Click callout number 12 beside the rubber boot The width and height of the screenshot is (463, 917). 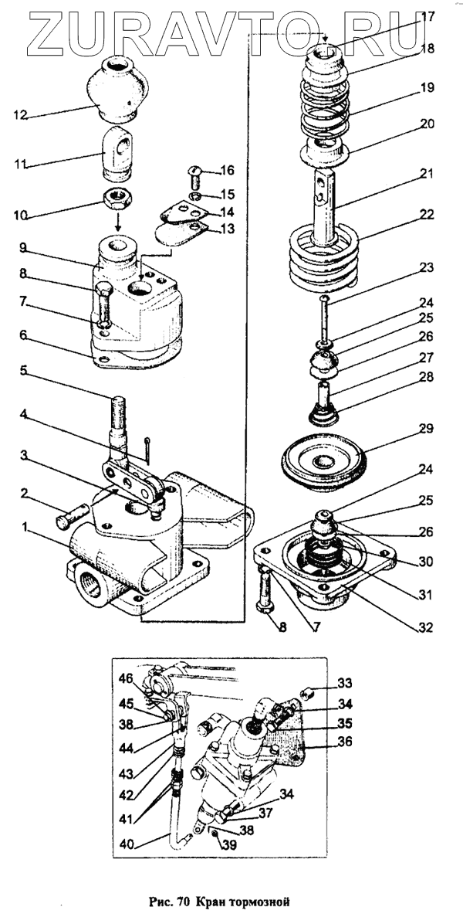pos(20,115)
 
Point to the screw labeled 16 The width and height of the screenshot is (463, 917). pos(195,178)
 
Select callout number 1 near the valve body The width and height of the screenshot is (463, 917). pos(27,528)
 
